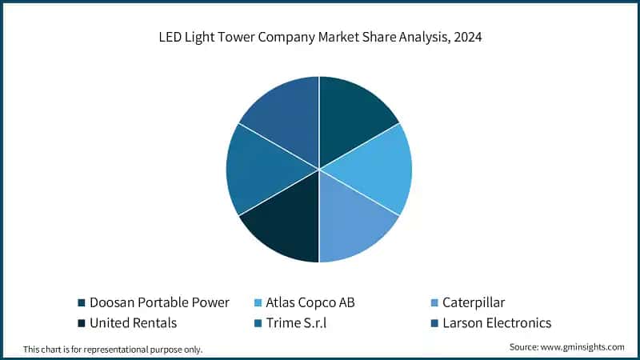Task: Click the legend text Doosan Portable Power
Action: [x=160, y=302]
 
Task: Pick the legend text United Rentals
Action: [x=133, y=323]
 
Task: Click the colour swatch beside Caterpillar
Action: [x=434, y=302]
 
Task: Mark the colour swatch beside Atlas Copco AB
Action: [x=257, y=302]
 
